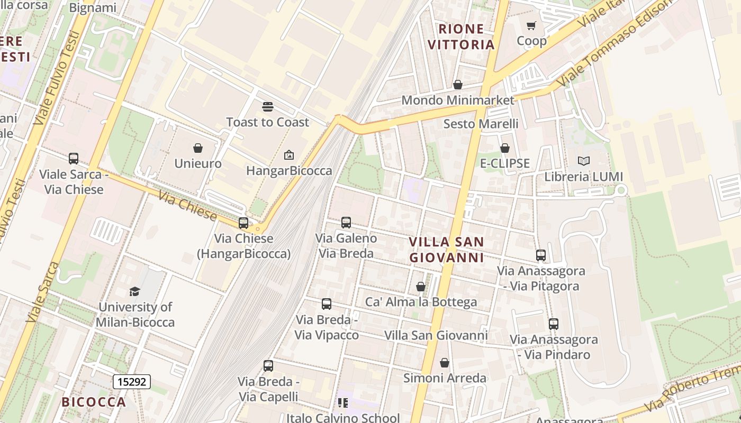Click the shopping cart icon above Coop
531,25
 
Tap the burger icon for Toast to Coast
267,107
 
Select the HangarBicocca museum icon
289,155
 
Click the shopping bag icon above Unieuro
198,148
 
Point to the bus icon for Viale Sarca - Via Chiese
74,158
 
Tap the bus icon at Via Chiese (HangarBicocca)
243,223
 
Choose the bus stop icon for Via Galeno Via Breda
346,223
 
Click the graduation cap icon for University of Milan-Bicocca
135,291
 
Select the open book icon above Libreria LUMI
583,161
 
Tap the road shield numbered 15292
132,381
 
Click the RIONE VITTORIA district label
461,36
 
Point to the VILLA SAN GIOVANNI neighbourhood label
447,250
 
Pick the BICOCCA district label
94,402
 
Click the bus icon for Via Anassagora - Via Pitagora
541,255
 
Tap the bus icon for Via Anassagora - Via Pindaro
553,324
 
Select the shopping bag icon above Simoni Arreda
445,363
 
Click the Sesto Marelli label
481,124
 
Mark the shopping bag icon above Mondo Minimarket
458,85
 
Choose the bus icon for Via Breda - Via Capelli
268,366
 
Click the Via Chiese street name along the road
188,206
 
